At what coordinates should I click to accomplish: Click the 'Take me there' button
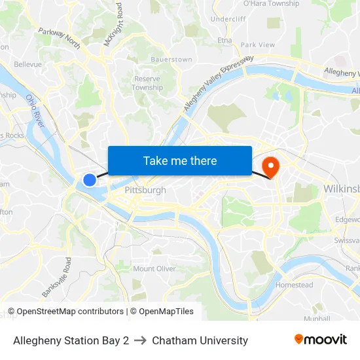point(180,160)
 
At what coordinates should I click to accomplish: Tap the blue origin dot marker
point(90,179)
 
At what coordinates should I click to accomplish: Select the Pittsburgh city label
point(145,190)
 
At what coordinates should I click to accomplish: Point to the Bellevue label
point(27,64)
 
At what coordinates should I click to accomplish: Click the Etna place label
point(225,41)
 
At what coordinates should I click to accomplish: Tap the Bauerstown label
point(171,60)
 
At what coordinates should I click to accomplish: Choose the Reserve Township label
point(147,83)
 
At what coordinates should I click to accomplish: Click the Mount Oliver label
point(154,268)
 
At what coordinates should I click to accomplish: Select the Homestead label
point(295,285)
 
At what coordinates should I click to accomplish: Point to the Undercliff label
point(228,19)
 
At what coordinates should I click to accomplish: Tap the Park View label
point(258,45)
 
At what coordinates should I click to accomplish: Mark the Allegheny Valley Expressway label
point(218,83)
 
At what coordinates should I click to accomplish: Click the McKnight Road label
point(113,25)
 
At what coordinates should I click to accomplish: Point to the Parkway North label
point(59,39)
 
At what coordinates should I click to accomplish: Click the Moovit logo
point(320,340)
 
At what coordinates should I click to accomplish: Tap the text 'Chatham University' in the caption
point(200,340)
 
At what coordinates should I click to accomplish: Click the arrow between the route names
point(140,340)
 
